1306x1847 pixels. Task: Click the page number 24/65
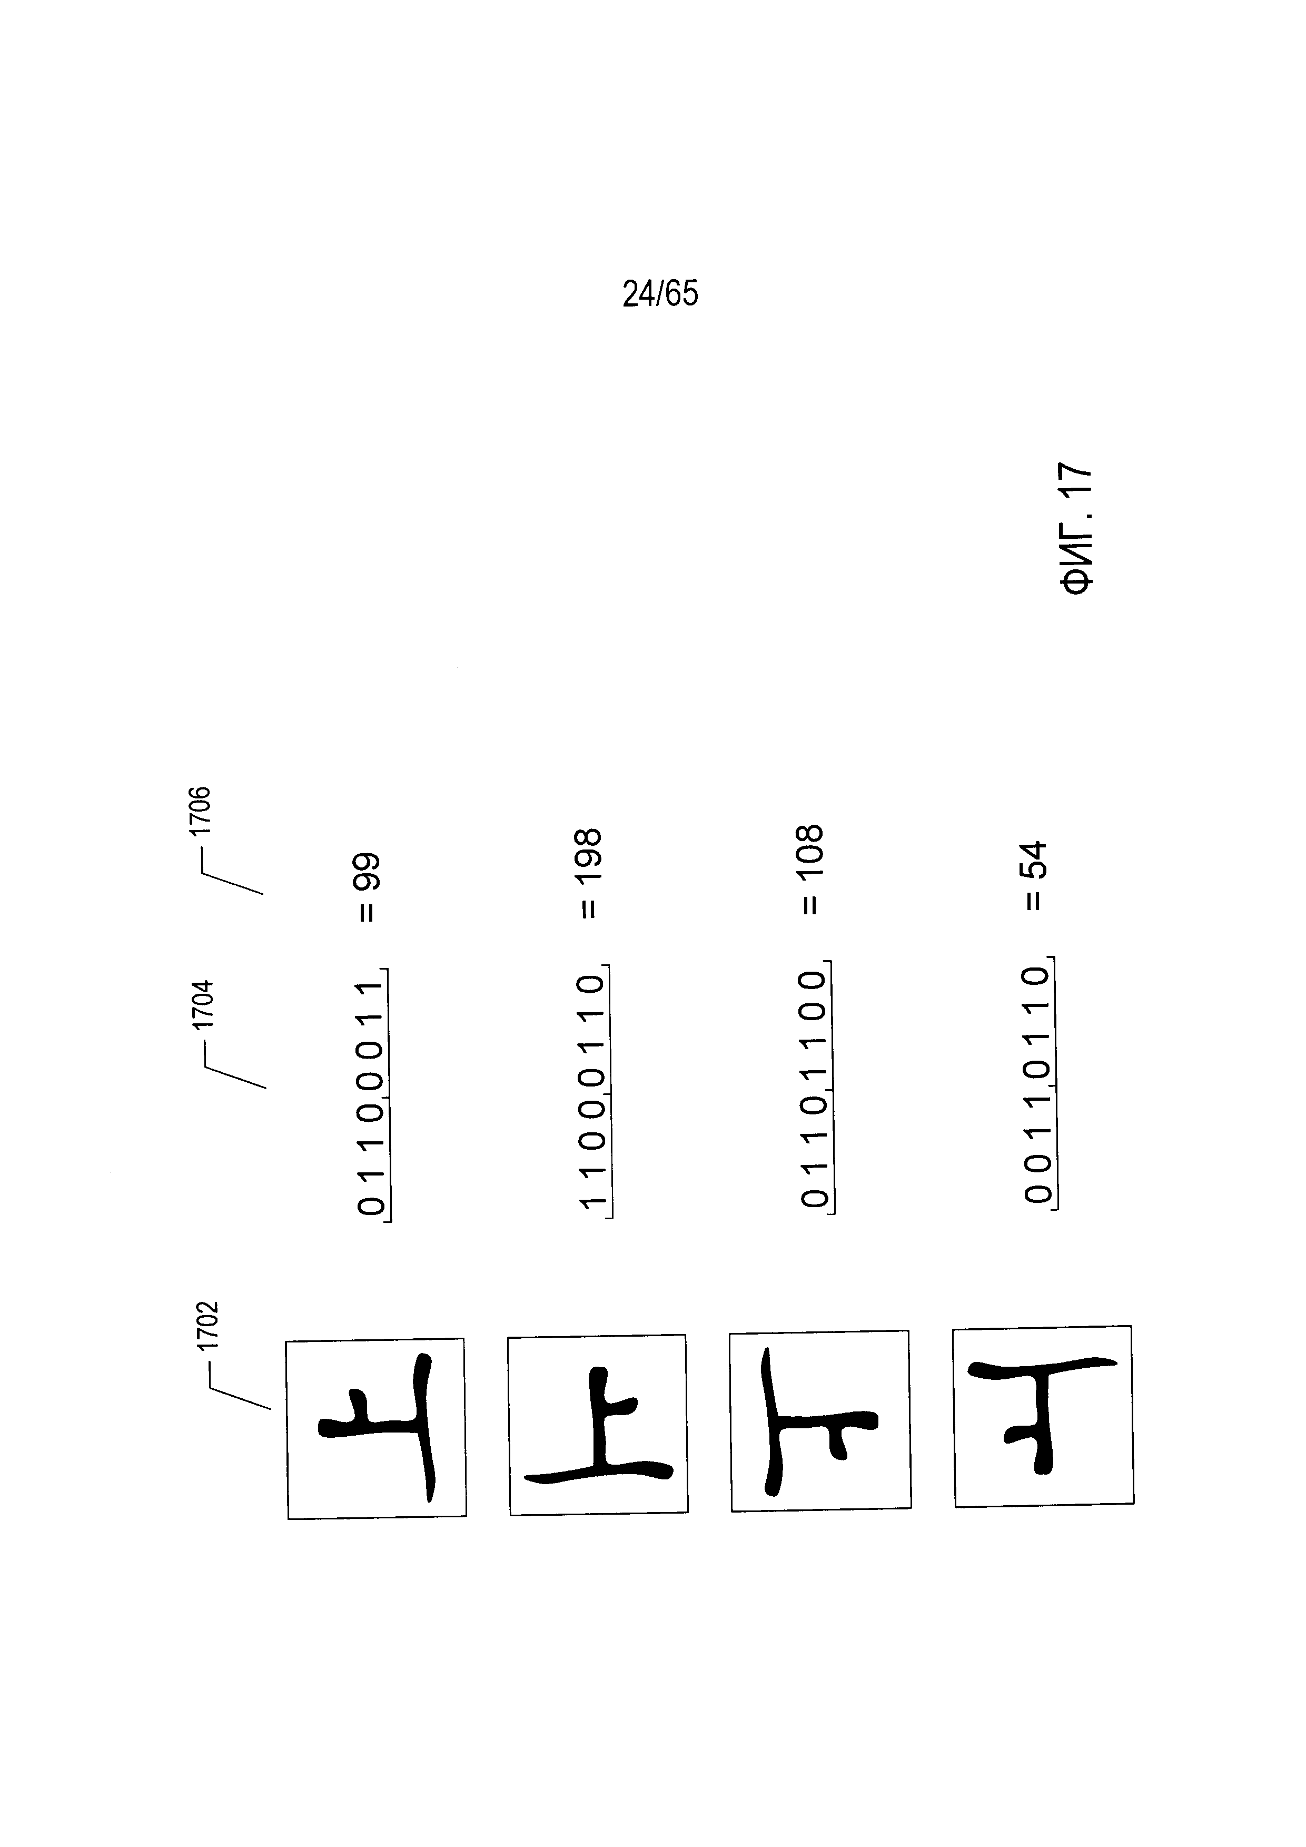660,294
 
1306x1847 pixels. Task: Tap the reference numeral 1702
209,1327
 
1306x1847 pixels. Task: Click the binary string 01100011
372,1098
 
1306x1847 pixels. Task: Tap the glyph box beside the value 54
1044,1417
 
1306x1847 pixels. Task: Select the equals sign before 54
1035,901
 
